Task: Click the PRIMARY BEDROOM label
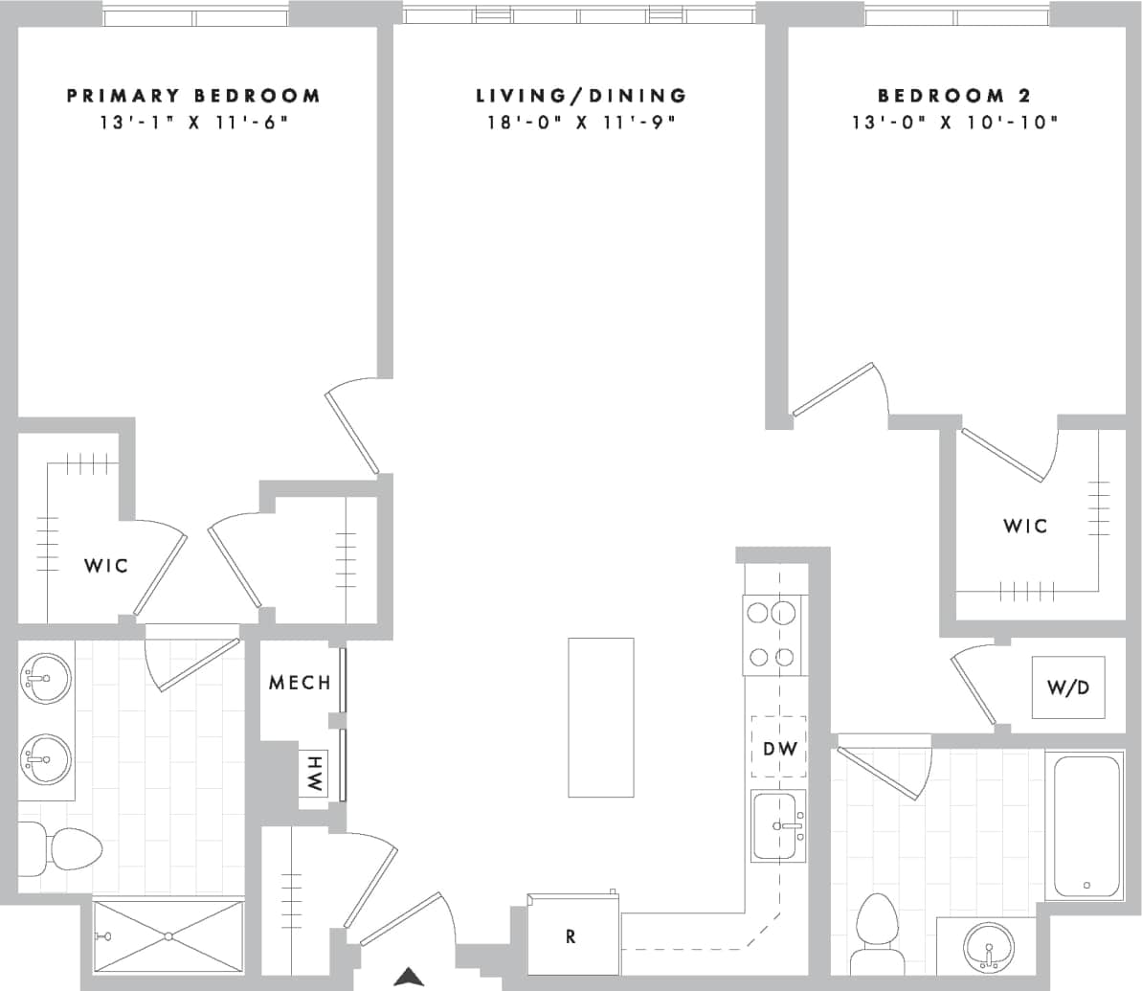[x=193, y=96]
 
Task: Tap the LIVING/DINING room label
[x=581, y=96]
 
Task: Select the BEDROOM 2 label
[x=941, y=96]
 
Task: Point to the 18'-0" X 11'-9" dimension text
[x=581, y=123]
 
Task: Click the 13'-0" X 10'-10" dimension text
[x=954, y=123]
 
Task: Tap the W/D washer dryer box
[x=1067, y=687]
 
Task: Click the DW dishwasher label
[x=778, y=748]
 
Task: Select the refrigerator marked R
[x=572, y=935]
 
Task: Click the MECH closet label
[x=300, y=683]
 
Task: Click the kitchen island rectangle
[x=600, y=717]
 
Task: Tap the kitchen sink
[x=778, y=825]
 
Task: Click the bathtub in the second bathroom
[x=1086, y=827]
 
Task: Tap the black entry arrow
[x=410, y=977]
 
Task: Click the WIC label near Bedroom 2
[x=1025, y=526]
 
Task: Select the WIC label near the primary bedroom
[x=105, y=565]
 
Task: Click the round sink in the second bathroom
[x=986, y=952]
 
